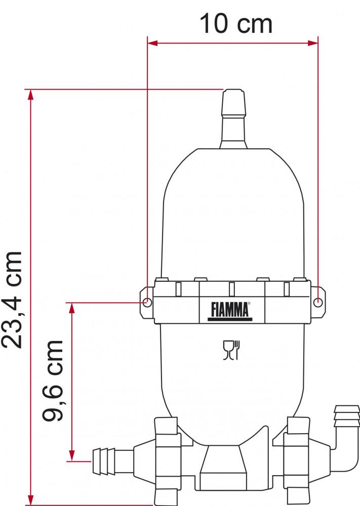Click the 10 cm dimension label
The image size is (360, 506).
pos(236,24)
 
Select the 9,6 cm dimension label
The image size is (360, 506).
pos(53,381)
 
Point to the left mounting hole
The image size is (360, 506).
pos(147,303)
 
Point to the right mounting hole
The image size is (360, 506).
pos(317,302)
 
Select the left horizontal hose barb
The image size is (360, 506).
pos(106,461)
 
